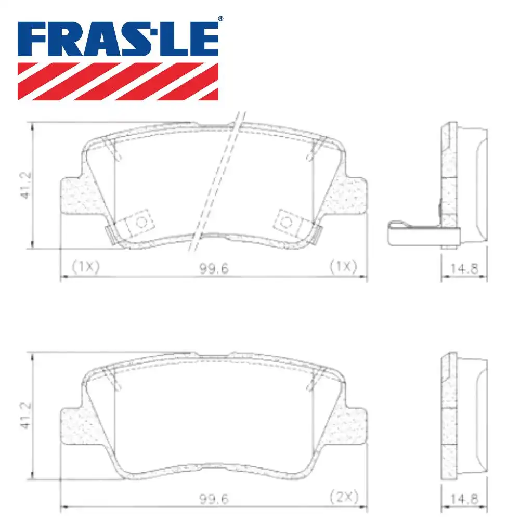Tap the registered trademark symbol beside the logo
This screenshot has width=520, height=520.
220,19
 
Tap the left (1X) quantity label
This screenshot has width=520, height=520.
85,267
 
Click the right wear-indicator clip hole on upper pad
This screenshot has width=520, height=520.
285,222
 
